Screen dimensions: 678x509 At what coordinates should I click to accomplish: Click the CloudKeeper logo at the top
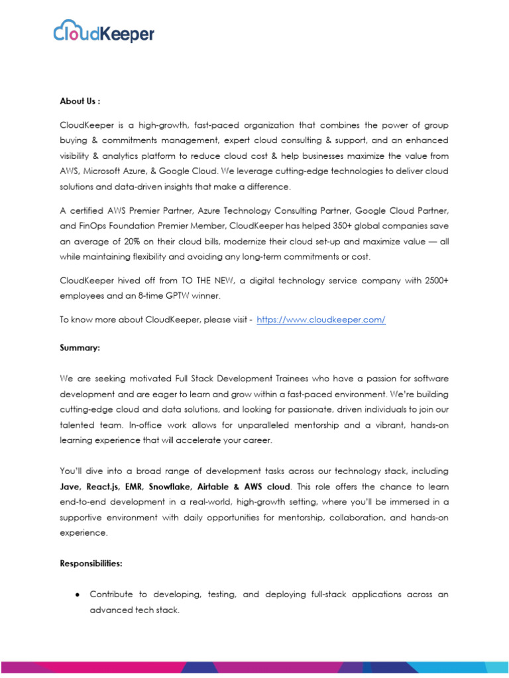coord(103,31)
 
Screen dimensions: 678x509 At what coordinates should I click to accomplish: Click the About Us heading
coord(80,101)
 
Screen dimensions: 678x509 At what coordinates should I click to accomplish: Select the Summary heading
coord(79,347)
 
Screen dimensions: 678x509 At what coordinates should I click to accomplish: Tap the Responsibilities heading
coord(91,564)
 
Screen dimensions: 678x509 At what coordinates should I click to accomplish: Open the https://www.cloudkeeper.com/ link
coord(321,320)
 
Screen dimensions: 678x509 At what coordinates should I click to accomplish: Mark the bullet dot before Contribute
coord(77,595)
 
